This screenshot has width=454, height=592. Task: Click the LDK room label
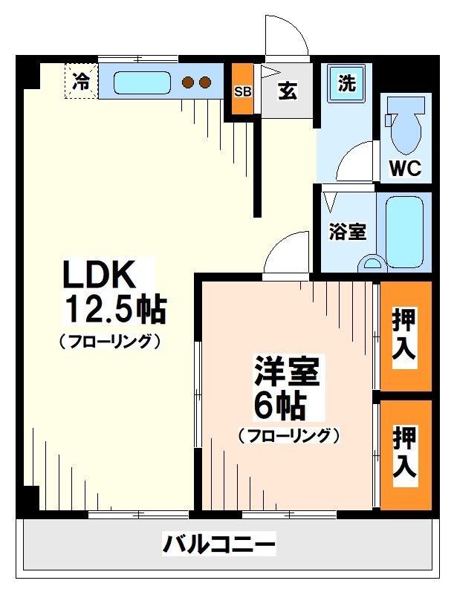pyautogui.click(x=99, y=276)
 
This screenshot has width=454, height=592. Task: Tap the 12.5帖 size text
pyautogui.click(x=116, y=309)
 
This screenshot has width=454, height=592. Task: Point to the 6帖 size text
pyautogui.click(x=279, y=405)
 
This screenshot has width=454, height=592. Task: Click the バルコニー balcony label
pyautogui.click(x=219, y=544)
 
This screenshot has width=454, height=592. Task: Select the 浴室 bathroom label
pyautogui.click(x=347, y=231)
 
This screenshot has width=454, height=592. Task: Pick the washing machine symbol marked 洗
pyautogui.click(x=347, y=83)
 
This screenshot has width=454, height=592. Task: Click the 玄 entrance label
pyautogui.click(x=288, y=91)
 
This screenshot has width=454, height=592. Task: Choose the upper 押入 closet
pyautogui.click(x=406, y=336)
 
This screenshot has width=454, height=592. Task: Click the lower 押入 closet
pyautogui.click(x=406, y=453)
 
